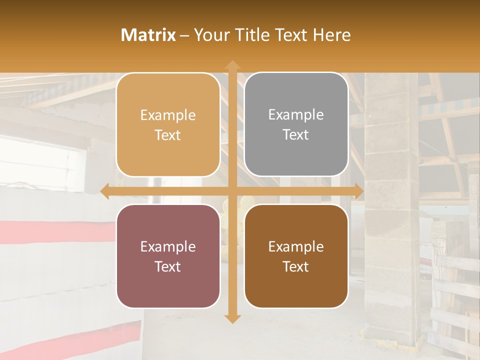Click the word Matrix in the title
[148, 35]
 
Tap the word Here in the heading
[331, 35]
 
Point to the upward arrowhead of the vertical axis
[232, 65]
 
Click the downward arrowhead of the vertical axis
[232, 318]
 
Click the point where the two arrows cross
[232, 191]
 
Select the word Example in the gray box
[296, 115]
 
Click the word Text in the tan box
[168, 135]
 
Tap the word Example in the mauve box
[168, 247]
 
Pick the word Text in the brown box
[296, 267]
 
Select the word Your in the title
[210, 35]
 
